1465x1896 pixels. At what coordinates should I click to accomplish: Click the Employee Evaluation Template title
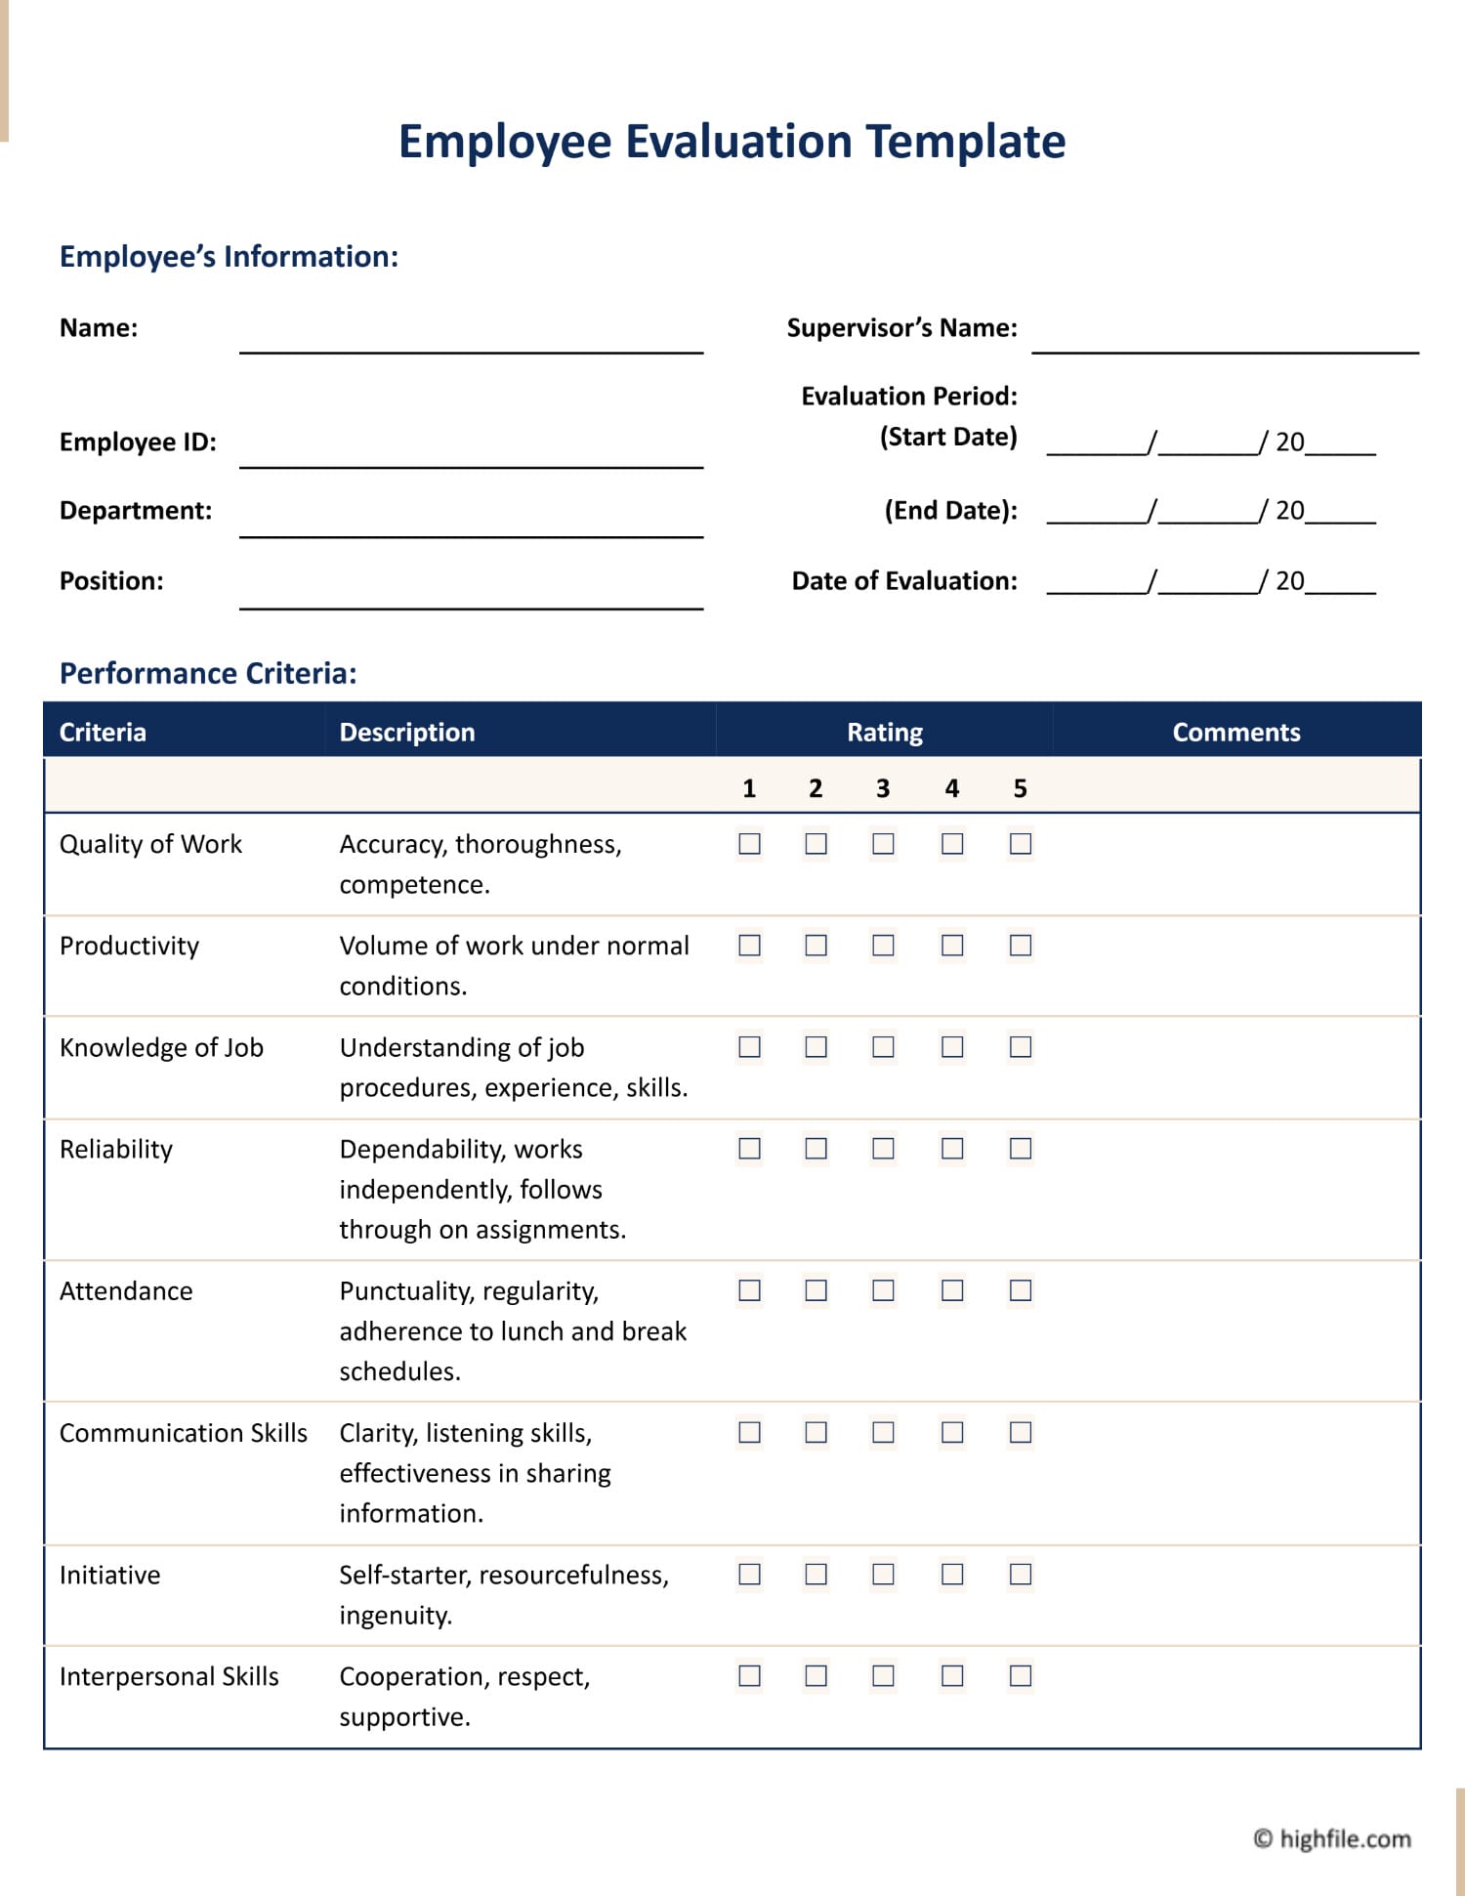pos(732,142)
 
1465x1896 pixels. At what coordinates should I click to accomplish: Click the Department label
pos(136,511)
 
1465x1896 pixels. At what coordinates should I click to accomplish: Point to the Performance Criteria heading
pos(208,673)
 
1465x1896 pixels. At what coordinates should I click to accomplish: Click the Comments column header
pos(1235,732)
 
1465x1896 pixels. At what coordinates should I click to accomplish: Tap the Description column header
pos(407,732)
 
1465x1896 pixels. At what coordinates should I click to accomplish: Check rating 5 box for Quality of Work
pos(1021,844)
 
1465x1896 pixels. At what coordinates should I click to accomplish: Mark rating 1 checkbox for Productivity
pos(749,946)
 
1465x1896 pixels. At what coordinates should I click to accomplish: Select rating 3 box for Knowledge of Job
pos(883,1047)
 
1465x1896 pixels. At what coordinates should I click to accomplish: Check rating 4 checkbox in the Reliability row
pos(952,1149)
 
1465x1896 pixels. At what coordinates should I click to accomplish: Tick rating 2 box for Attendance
pos(816,1290)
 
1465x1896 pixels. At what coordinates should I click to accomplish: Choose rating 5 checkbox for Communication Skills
pos(1021,1432)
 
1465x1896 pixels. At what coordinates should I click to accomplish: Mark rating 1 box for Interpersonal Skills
pos(749,1676)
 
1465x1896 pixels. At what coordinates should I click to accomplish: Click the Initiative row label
pos(110,1575)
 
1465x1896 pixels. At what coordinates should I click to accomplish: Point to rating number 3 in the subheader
pos(883,788)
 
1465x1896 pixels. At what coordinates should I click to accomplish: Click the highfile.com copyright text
pos(1332,1838)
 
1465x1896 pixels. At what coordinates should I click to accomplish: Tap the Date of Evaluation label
pos(904,581)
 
